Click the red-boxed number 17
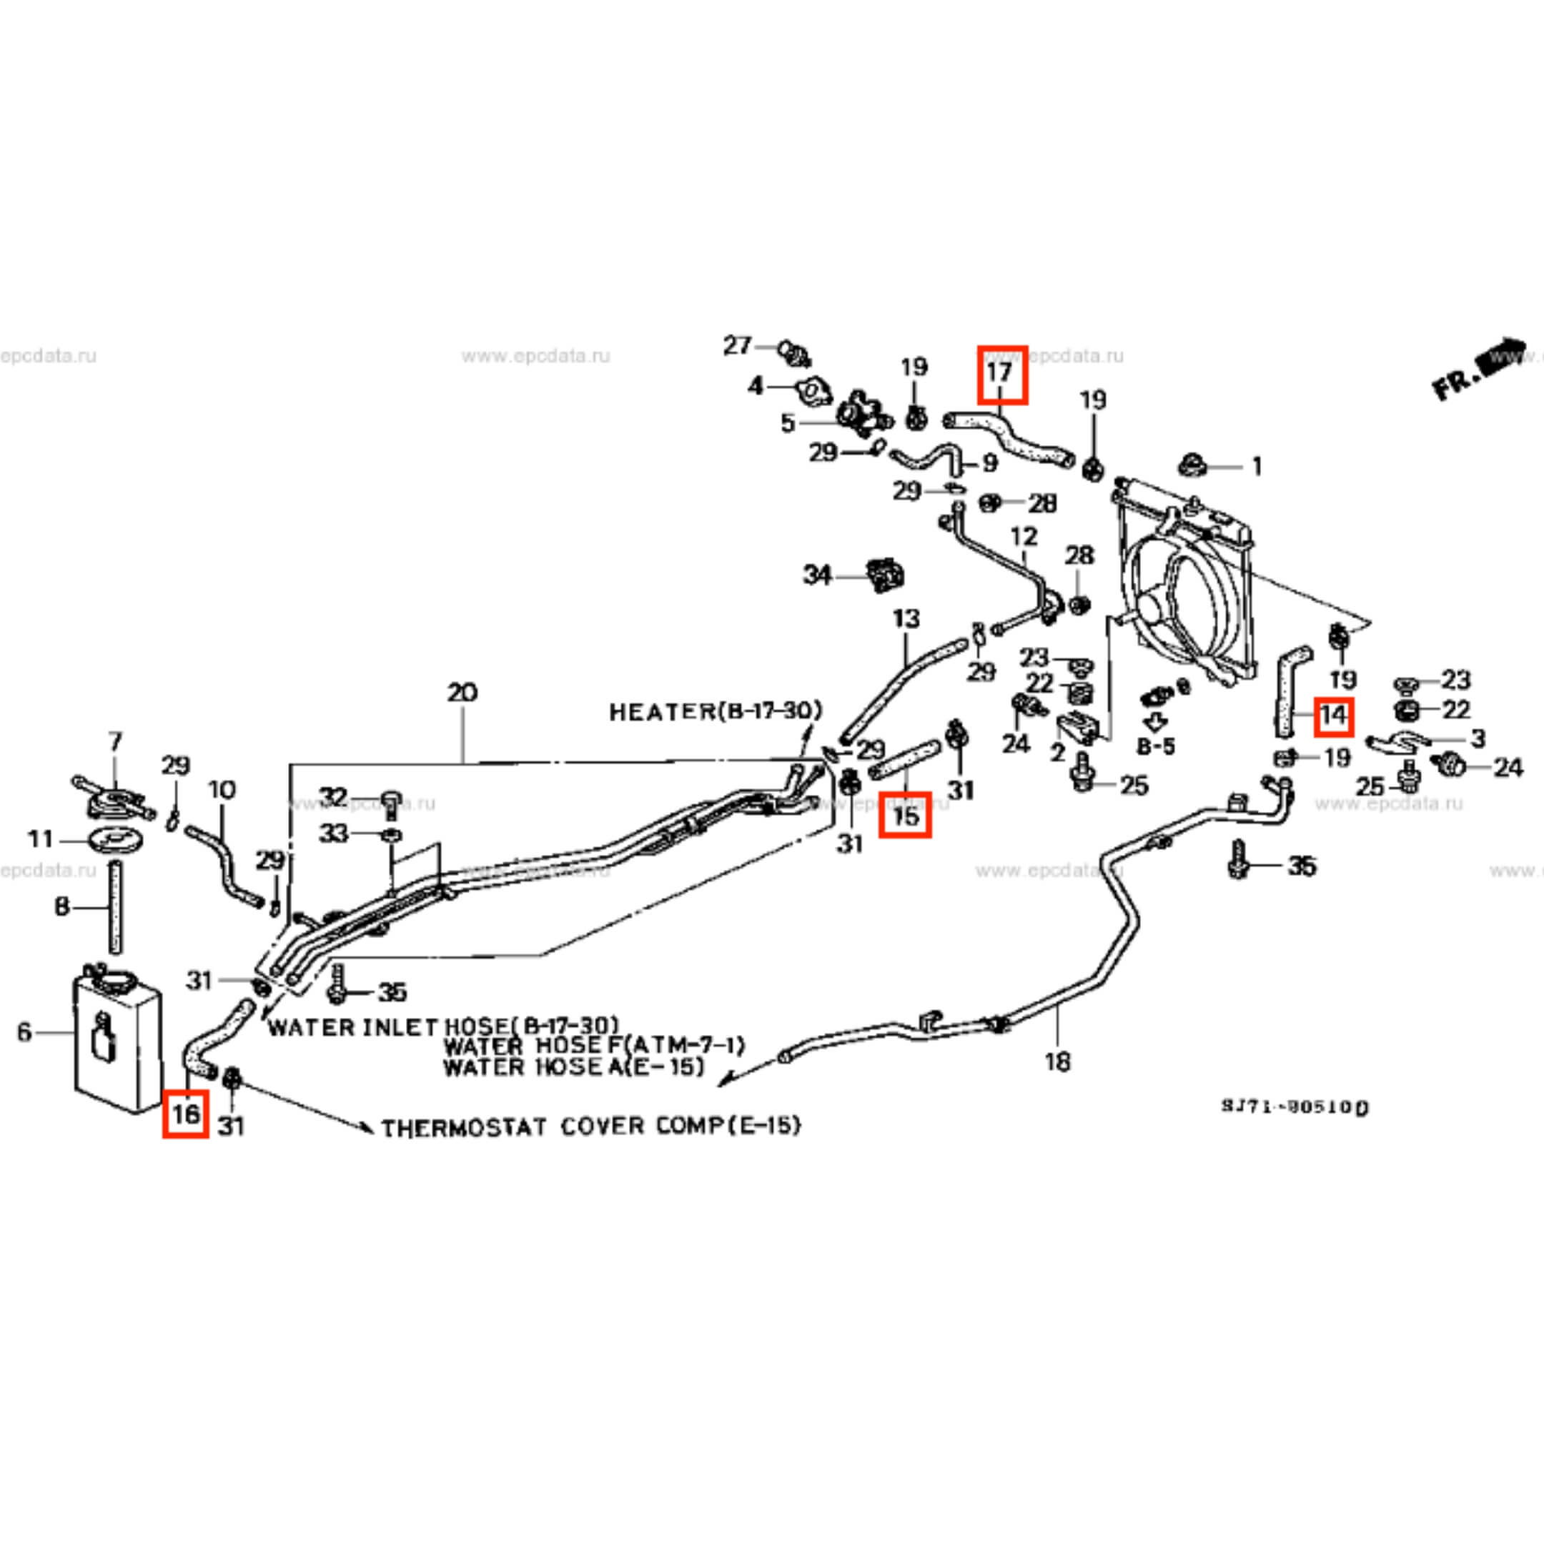[x=1002, y=374]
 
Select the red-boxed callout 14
[x=1332, y=715]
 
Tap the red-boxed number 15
[x=905, y=814]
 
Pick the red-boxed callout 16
[x=185, y=1112]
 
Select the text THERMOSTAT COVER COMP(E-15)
[x=590, y=1127]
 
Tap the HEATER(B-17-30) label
[x=716, y=711]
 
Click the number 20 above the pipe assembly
[x=462, y=691]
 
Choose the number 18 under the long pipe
[x=1056, y=1062]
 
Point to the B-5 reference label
[x=1156, y=746]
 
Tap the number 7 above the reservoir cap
[x=115, y=742]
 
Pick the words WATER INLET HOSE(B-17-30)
[x=442, y=1026]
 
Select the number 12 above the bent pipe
[x=1024, y=536]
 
